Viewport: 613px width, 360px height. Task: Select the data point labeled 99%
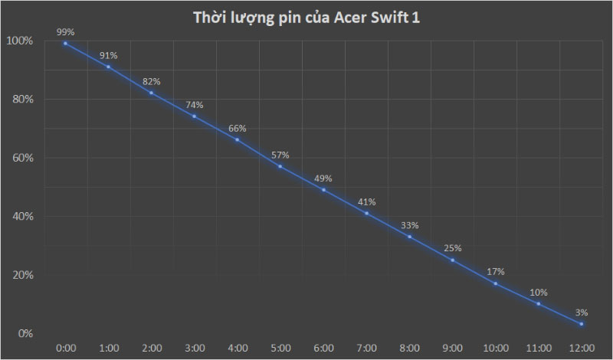tap(65, 44)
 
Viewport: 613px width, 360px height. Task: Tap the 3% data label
tap(582, 312)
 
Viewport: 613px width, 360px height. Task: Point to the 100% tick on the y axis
tap(21, 41)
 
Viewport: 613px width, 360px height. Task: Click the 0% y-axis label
tap(25, 334)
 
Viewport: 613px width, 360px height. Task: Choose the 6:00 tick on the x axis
tap(323, 349)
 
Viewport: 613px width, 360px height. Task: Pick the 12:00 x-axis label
tap(582, 349)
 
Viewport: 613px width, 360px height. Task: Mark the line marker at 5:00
tap(280, 166)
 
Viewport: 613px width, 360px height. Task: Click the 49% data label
tap(323, 178)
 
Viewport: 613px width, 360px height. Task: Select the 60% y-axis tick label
tap(23, 158)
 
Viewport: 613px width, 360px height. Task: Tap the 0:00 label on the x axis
tap(65, 349)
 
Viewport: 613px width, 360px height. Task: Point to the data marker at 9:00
tap(453, 260)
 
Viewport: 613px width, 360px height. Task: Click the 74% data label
tap(195, 104)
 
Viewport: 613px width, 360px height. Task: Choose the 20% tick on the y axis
tap(23, 275)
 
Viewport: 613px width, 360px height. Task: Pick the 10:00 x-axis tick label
tap(496, 349)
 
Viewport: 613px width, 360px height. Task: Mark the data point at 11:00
tap(539, 304)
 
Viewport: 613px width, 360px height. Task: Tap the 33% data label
tap(410, 225)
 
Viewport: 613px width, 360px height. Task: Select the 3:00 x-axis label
tap(195, 349)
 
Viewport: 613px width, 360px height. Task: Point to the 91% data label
tap(108, 55)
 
